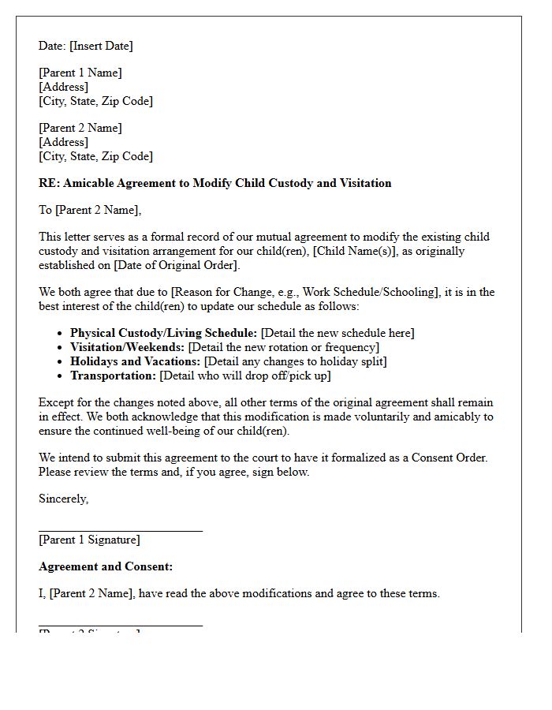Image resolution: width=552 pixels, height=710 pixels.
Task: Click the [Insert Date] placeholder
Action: point(101,46)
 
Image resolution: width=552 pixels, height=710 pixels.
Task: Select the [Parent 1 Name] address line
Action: point(80,73)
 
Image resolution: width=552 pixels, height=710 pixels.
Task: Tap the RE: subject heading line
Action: point(214,183)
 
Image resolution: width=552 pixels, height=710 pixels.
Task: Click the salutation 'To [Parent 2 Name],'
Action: point(90,210)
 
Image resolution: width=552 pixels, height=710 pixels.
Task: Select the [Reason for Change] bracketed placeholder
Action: point(315,292)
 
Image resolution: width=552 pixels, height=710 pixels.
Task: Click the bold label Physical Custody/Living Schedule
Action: point(163,333)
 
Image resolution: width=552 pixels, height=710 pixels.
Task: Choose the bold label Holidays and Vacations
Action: point(135,361)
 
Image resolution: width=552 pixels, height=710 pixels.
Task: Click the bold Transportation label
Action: point(113,376)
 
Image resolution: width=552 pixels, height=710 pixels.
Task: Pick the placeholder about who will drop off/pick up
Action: point(244,376)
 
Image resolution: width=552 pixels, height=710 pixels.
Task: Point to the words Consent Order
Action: point(455,458)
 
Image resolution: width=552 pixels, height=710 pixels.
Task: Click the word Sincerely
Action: point(63,499)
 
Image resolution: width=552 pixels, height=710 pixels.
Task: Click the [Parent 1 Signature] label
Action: point(89,540)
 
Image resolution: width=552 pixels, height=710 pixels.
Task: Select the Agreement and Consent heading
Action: point(106,566)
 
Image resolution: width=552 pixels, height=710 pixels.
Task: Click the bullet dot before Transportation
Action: point(62,376)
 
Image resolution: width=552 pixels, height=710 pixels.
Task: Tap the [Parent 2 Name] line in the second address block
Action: point(80,128)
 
